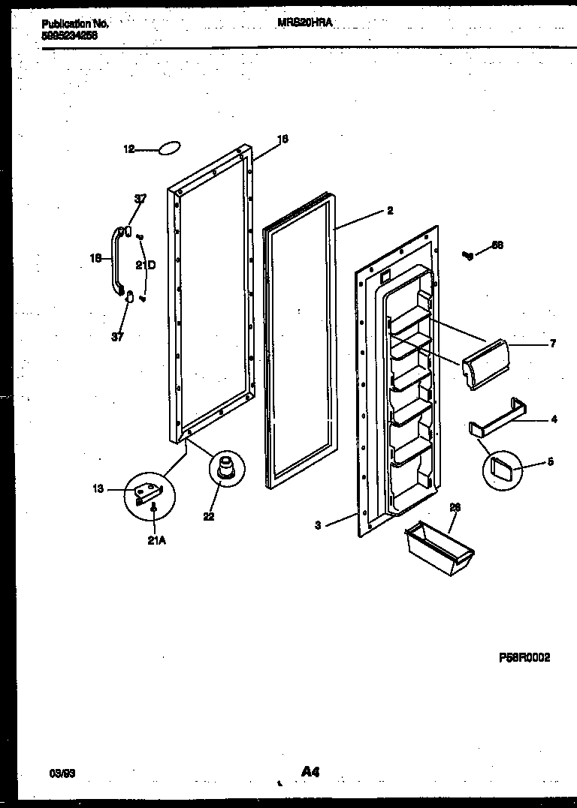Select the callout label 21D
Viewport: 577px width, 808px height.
pos(146,265)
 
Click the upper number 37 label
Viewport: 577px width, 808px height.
pos(140,199)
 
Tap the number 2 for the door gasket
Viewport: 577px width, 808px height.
pos(390,211)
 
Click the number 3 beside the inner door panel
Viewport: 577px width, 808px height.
pos(318,526)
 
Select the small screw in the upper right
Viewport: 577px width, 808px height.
pos(469,256)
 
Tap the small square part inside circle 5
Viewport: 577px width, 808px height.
pos(500,470)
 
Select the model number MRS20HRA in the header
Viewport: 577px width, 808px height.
pos(304,23)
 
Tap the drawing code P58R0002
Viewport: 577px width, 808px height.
pos(524,657)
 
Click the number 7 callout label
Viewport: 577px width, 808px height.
pos(552,344)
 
